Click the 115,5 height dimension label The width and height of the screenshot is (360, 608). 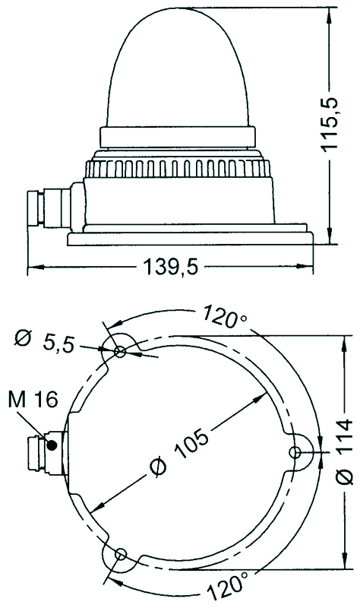(329, 124)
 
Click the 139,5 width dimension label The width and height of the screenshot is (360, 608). (170, 267)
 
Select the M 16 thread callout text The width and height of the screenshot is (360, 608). (33, 400)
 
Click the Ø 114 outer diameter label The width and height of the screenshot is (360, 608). (344, 451)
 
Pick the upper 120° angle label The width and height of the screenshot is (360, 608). (225, 315)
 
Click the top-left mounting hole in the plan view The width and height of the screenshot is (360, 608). (120, 352)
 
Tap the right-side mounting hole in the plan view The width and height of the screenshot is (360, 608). (295, 451)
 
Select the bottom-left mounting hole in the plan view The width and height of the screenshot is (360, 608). (121, 554)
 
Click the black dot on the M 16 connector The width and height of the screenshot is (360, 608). (51, 445)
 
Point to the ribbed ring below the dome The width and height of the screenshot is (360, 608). (178, 168)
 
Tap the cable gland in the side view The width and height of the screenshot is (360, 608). (49, 207)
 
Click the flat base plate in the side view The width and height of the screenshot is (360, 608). (190, 239)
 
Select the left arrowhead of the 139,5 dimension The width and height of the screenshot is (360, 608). (35, 267)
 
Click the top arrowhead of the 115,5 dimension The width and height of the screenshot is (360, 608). (330, 14)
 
